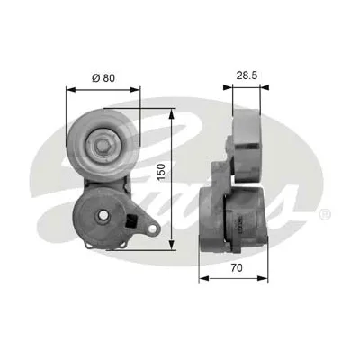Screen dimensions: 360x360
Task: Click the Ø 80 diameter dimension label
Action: (103, 78)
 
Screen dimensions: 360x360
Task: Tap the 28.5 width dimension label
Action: (247, 76)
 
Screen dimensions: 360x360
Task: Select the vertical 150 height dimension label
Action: (161, 172)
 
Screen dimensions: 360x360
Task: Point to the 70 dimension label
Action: (237, 267)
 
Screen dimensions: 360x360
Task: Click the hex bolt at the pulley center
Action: (103, 146)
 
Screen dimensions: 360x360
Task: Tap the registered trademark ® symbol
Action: (325, 214)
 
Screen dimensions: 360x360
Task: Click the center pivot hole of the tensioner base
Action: (103, 214)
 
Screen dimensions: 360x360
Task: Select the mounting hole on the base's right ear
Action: (153, 229)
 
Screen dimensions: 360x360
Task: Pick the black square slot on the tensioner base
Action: (131, 222)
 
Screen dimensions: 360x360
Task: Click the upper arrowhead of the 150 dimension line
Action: (171, 113)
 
